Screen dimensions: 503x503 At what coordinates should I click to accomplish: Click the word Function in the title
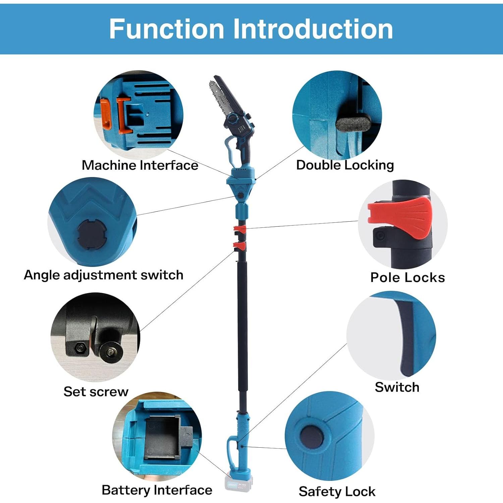(167, 29)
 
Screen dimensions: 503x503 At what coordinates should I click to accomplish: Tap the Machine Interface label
(140, 165)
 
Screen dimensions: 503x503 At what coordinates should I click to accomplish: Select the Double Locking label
(345, 165)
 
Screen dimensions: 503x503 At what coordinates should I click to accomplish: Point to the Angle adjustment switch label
(104, 275)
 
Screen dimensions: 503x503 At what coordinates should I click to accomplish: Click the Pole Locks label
(407, 277)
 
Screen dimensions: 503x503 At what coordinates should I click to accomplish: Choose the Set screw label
(96, 391)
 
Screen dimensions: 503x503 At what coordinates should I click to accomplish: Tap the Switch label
(397, 387)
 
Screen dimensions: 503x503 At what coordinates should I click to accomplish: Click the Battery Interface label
(157, 490)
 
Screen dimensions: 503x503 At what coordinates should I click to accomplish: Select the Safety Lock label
(337, 492)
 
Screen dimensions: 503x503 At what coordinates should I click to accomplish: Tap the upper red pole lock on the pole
(240, 230)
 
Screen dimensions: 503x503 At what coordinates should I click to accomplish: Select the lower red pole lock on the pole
(240, 246)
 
